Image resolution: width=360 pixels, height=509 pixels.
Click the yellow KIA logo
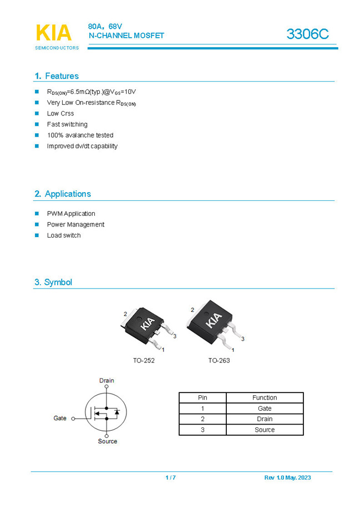pyautogui.click(x=54, y=33)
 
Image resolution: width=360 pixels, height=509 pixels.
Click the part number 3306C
pyautogui.click(x=307, y=34)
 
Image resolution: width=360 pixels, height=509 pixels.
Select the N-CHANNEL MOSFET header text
pyautogui.click(x=126, y=36)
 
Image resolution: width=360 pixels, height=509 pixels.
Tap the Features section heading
pyautogui.click(x=57, y=76)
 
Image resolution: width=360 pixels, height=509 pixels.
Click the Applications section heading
pyautogui.click(x=63, y=194)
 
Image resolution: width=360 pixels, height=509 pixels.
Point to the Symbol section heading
pyautogui.click(x=53, y=282)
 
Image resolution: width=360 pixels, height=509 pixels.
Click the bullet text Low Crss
pyautogui.click(x=60, y=113)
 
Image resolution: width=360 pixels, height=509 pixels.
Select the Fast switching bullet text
pyautogui.click(x=67, y=124)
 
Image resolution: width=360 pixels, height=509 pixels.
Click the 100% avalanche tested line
pyautogui.click(x=80, y=135)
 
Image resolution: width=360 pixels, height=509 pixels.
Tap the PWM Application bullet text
pyautogui.click(x=71, y=214)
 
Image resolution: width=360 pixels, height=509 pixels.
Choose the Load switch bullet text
pyautogui.click(x=64, y=235)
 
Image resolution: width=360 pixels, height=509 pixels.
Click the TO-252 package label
pyautogui.click(x=144, y=360)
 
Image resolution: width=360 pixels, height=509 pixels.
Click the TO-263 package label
pyautogui.click(x=219, y=360)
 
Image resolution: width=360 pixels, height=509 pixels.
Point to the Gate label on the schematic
pyautogui.click(x=60, y=418)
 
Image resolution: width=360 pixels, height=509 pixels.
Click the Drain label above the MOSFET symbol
pyautogui.click(x=107, y=380)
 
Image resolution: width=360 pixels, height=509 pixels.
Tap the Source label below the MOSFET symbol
pyautogui.click(x=108, y=441)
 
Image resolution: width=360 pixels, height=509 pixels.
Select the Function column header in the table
pyautogui.click(x=265, y=397)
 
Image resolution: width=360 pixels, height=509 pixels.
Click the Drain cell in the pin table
pyautogui.click(x=265, y=419)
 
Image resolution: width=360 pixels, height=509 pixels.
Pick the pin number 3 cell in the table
pyautogui.click(x=202, y=430)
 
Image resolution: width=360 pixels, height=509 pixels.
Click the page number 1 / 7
pyautogui.click(x=171, y=478)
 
